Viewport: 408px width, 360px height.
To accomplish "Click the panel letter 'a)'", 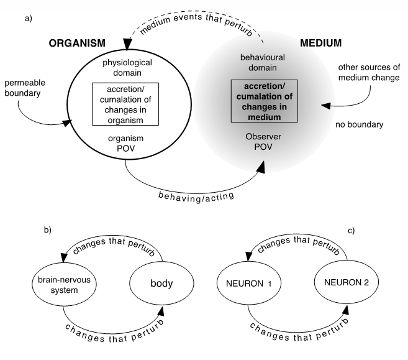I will click(29, 18).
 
